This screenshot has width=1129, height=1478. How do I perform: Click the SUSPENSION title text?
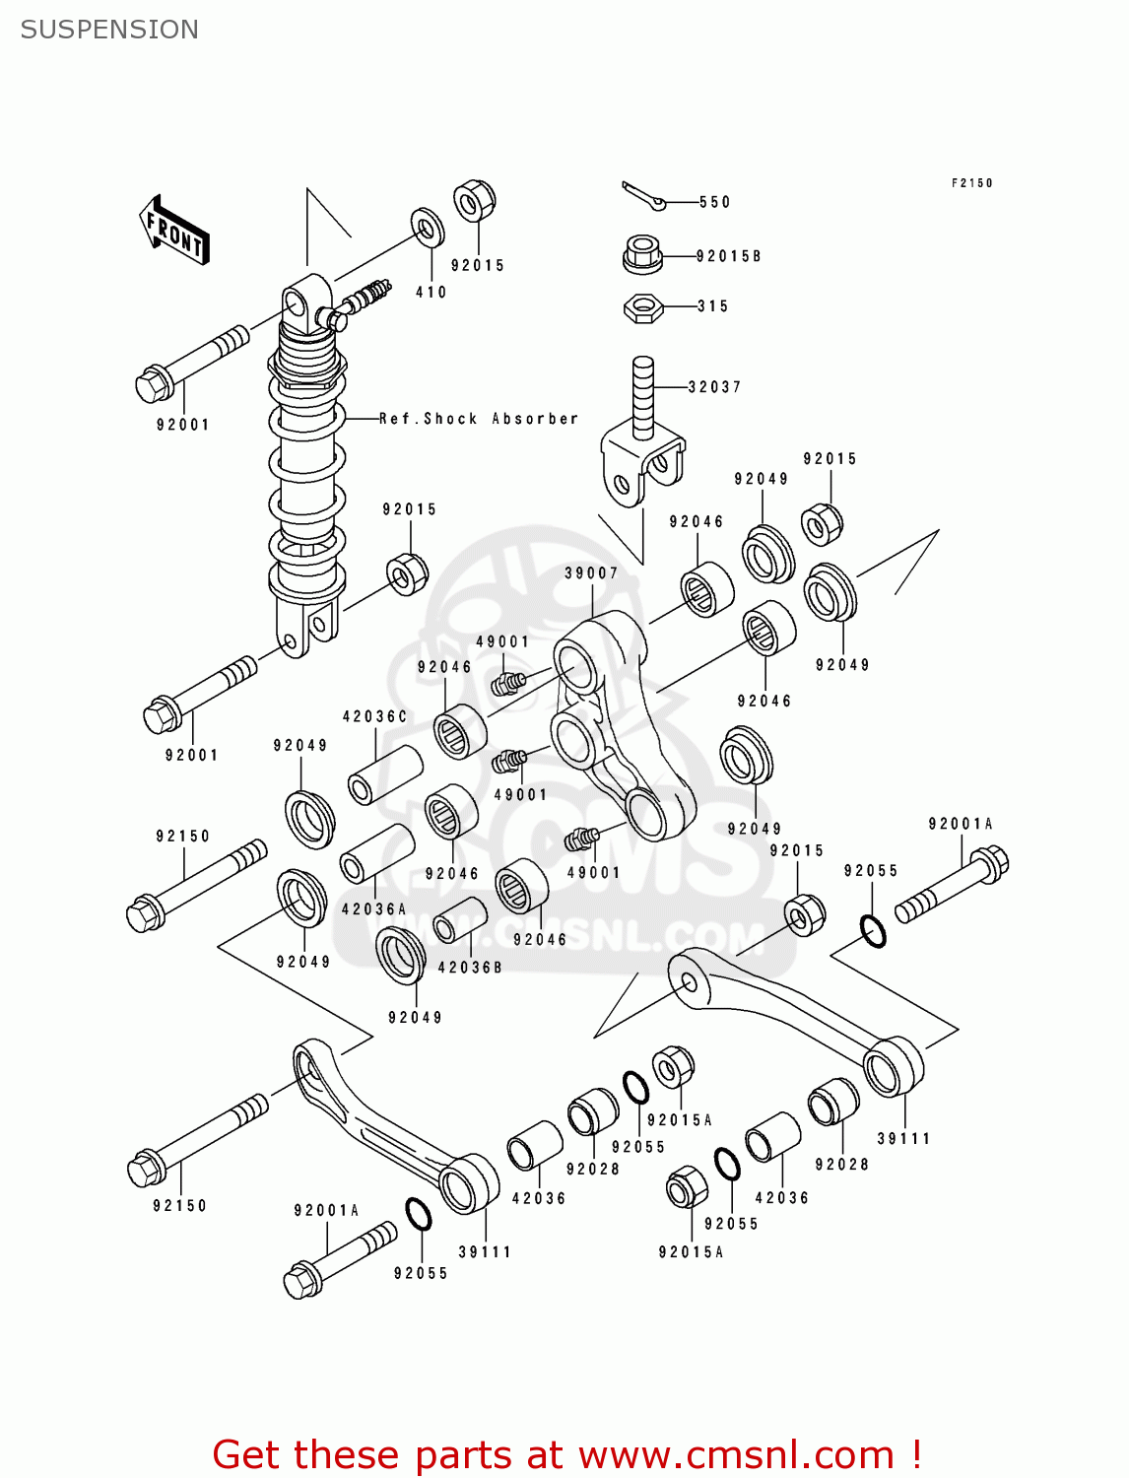pos(109,30)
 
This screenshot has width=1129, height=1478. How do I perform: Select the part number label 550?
pos(714,202)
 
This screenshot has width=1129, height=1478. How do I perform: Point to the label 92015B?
pos(728,256)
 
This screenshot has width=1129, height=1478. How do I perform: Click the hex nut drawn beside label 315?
pos(642,308)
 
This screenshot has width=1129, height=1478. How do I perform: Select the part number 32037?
pos(714,387)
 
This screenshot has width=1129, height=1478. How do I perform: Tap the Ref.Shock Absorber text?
pos(479,419)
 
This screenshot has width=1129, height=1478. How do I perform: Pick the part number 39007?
pos(591,573)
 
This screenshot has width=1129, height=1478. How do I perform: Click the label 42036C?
pos(374,716)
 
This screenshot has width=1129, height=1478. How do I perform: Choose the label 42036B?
pos(470,968)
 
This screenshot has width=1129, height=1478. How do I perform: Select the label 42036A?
pos(373,909)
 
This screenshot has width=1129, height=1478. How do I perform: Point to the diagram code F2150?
pos(971,183)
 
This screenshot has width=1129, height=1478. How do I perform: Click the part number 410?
pos(431,293)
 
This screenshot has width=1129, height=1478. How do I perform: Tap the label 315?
pos(712,306)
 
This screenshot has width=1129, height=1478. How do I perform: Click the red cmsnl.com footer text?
pos(566,1454)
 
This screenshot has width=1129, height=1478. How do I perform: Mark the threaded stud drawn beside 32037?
pos(642,394)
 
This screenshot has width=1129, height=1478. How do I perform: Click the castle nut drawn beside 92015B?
pos(642,254)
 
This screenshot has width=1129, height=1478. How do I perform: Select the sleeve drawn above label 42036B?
pos(460,919)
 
